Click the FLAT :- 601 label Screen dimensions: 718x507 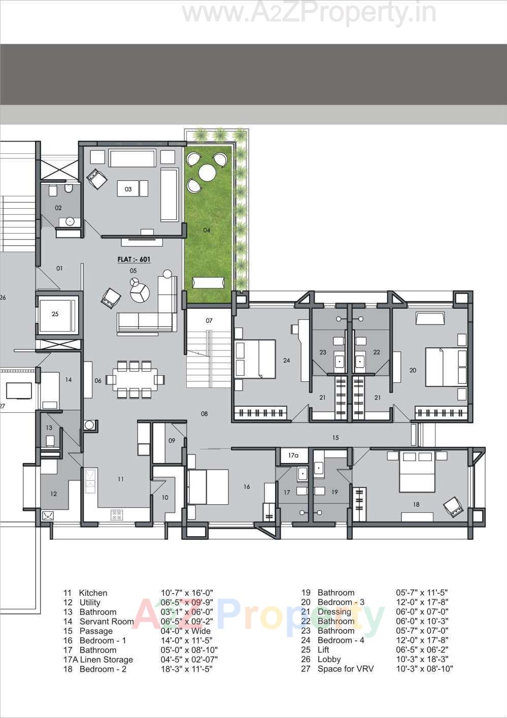134,259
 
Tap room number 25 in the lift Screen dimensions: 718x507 55,314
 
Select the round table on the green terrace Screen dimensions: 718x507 207,173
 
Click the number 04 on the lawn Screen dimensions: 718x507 207,231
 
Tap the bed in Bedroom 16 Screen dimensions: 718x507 208,487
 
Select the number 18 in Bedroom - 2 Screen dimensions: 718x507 416,505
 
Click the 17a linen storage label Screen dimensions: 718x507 293,455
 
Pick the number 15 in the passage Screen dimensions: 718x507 335,438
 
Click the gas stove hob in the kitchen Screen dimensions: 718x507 116,515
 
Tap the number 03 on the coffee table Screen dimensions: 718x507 128,189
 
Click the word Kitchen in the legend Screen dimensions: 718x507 93,593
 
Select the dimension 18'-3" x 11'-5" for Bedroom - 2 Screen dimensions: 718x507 186,669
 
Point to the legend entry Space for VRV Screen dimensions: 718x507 345,669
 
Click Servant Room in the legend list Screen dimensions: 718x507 107,622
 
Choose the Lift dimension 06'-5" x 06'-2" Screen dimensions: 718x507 421,650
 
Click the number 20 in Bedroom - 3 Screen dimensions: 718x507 413,371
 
